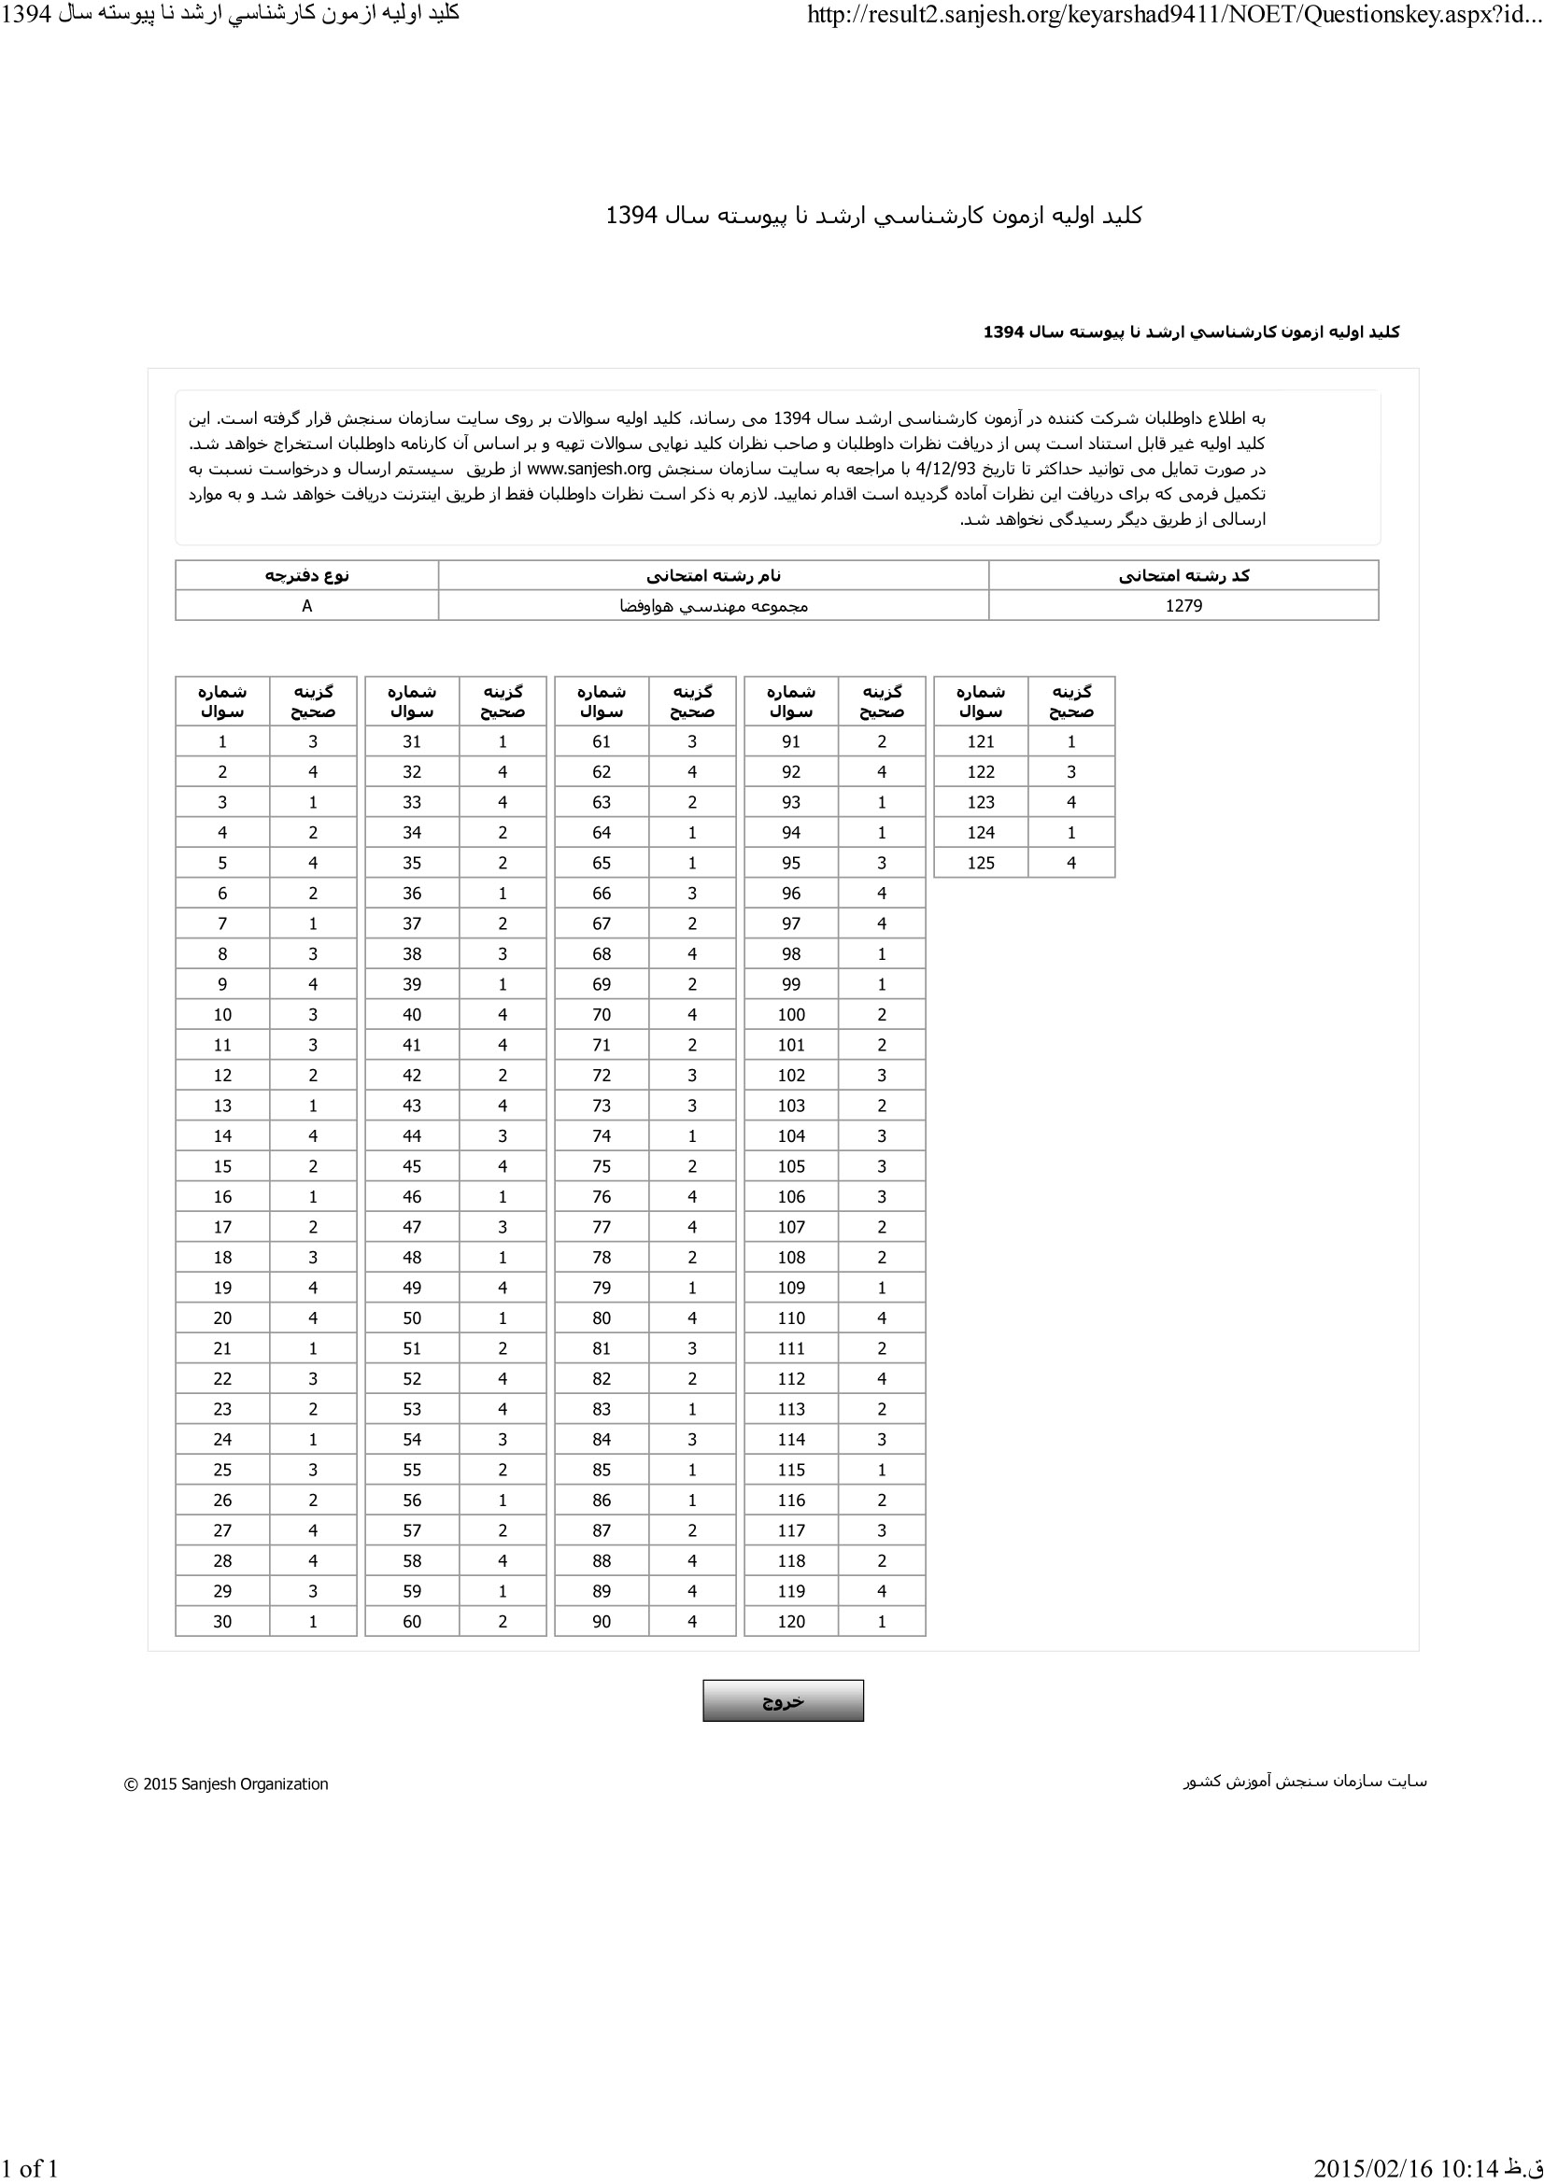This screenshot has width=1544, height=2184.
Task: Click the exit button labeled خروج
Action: click(783, 1700)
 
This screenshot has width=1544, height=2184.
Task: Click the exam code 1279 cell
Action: click(1183, 606)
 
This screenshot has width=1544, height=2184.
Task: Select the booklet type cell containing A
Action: click(306, 606)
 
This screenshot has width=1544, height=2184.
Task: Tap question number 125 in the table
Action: click(980, 863)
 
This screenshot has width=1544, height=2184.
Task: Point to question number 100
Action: click(790, 1015)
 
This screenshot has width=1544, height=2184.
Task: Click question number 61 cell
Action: click(602, 742)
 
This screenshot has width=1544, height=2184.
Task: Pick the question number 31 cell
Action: click(411, 742)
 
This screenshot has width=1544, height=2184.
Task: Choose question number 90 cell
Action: click(602, 1622)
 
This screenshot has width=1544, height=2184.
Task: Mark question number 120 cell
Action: click(790, 1622)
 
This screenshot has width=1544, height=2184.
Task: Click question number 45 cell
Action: click(411, 1166)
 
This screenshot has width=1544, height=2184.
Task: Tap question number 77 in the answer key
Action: click(602, 1227)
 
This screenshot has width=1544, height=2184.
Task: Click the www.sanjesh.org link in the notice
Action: click(588, 469)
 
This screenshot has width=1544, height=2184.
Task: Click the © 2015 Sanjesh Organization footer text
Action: click(226, 1784)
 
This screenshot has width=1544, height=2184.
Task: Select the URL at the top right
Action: click(1174, 14)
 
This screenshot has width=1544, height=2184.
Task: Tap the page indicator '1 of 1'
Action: click(30, 2168)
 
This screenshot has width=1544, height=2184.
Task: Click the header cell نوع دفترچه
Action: click(306, 575)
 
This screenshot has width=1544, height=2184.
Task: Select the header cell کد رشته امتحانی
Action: click(1183, 575)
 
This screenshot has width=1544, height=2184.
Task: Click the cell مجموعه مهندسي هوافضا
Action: click(714, 606)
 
